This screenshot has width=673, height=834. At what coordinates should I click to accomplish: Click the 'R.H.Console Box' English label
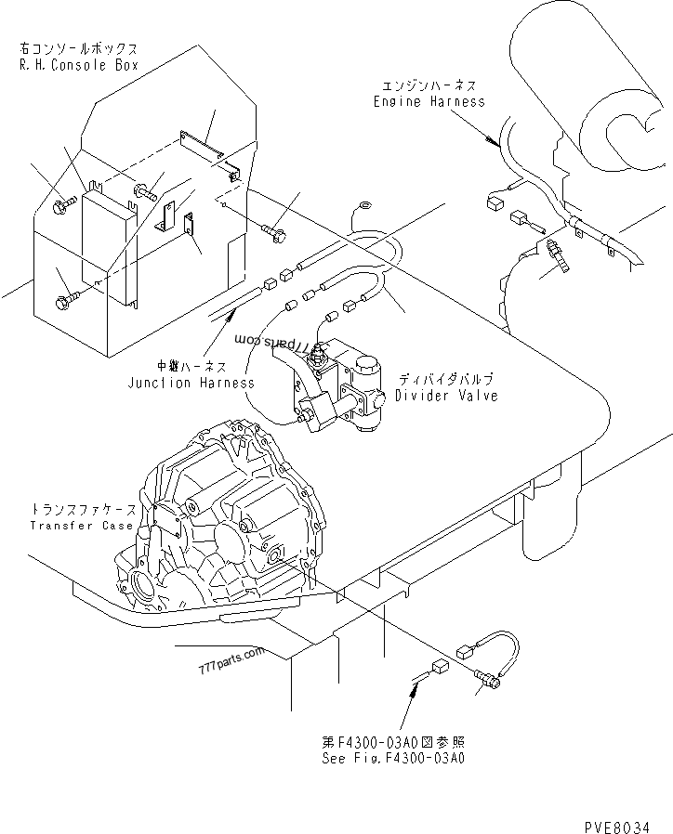[79, 65]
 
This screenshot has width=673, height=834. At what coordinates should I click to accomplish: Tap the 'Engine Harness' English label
[429, 101]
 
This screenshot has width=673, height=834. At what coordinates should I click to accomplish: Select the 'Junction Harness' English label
[191, 383]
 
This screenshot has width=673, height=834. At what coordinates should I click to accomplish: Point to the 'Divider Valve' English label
[446, 396]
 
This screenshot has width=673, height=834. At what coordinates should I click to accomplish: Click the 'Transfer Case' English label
[82, 526]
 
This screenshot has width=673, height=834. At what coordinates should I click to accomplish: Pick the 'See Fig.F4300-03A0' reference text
[393, 758]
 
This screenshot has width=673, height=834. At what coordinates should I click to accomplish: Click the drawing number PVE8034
[617, 827]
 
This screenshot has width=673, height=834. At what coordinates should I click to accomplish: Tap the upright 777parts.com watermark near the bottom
[231, 660]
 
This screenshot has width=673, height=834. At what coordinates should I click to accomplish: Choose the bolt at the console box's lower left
[65, 301]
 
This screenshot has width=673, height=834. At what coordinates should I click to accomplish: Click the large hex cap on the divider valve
[366, 364]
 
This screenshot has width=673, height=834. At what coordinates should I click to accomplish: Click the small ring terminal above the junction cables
[365, 204]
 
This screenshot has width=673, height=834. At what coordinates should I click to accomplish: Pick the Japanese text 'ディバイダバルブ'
[446, 380]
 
